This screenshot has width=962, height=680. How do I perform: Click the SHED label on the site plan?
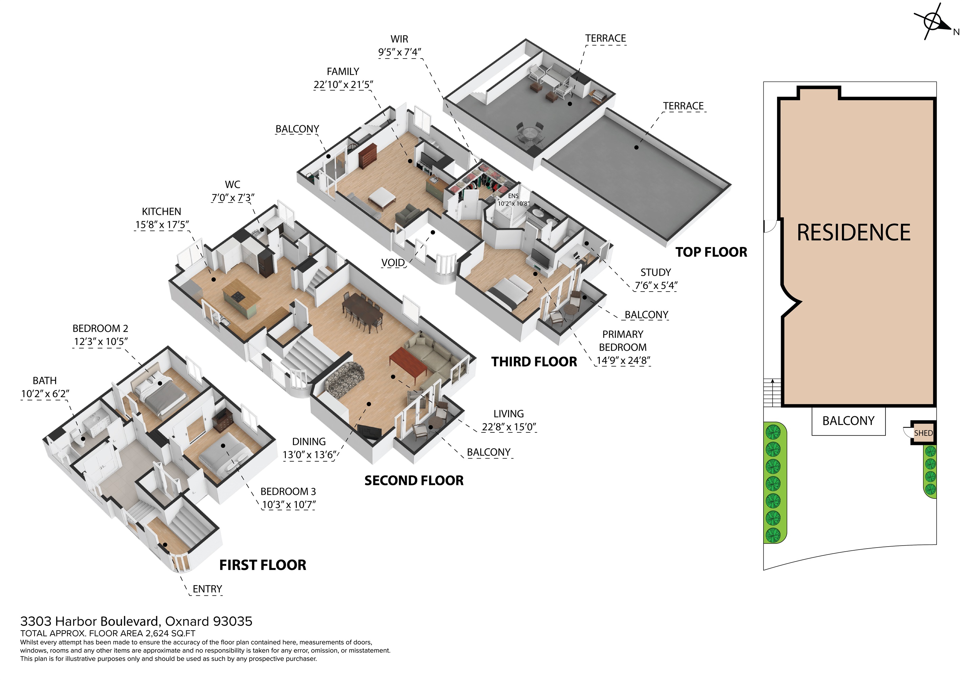(x=923, y=433)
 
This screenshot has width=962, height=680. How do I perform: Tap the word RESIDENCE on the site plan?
(x=854, y=233)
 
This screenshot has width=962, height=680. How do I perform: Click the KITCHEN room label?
(x=161, y=212)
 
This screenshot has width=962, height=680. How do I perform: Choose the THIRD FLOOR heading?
(x=534, y=362)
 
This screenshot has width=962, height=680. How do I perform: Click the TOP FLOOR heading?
(x=711, y=252)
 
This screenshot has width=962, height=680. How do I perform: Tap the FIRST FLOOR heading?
(x=263, y=565)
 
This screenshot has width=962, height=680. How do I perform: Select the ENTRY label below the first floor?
(x=207, y=589)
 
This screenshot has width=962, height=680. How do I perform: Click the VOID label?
(x=393, y=263)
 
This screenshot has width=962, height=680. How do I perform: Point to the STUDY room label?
(x=656, y=272)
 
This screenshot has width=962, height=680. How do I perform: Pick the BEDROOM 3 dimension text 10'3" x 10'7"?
(x=288, y=505)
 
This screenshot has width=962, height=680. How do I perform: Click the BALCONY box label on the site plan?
(x=849, y=421)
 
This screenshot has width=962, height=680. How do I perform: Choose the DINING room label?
(x=309, y=442)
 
